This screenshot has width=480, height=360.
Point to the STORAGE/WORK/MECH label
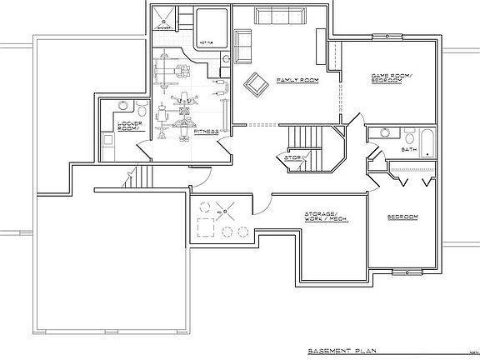326,217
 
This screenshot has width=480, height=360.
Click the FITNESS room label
206,131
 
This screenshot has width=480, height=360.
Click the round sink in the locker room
123,105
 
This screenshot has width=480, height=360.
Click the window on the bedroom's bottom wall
406,270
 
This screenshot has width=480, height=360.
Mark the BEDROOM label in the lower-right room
402,217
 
